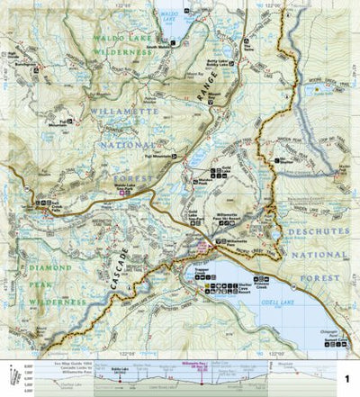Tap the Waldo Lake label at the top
coord(165,15)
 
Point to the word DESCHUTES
coord(310,231)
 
